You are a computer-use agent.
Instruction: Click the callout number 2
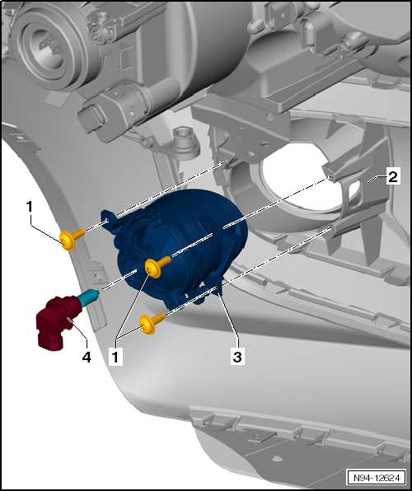[x=394, y=176]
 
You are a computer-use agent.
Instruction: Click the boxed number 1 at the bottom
[x=117, y=358]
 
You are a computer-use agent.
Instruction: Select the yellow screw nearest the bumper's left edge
[x=69, y=239]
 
